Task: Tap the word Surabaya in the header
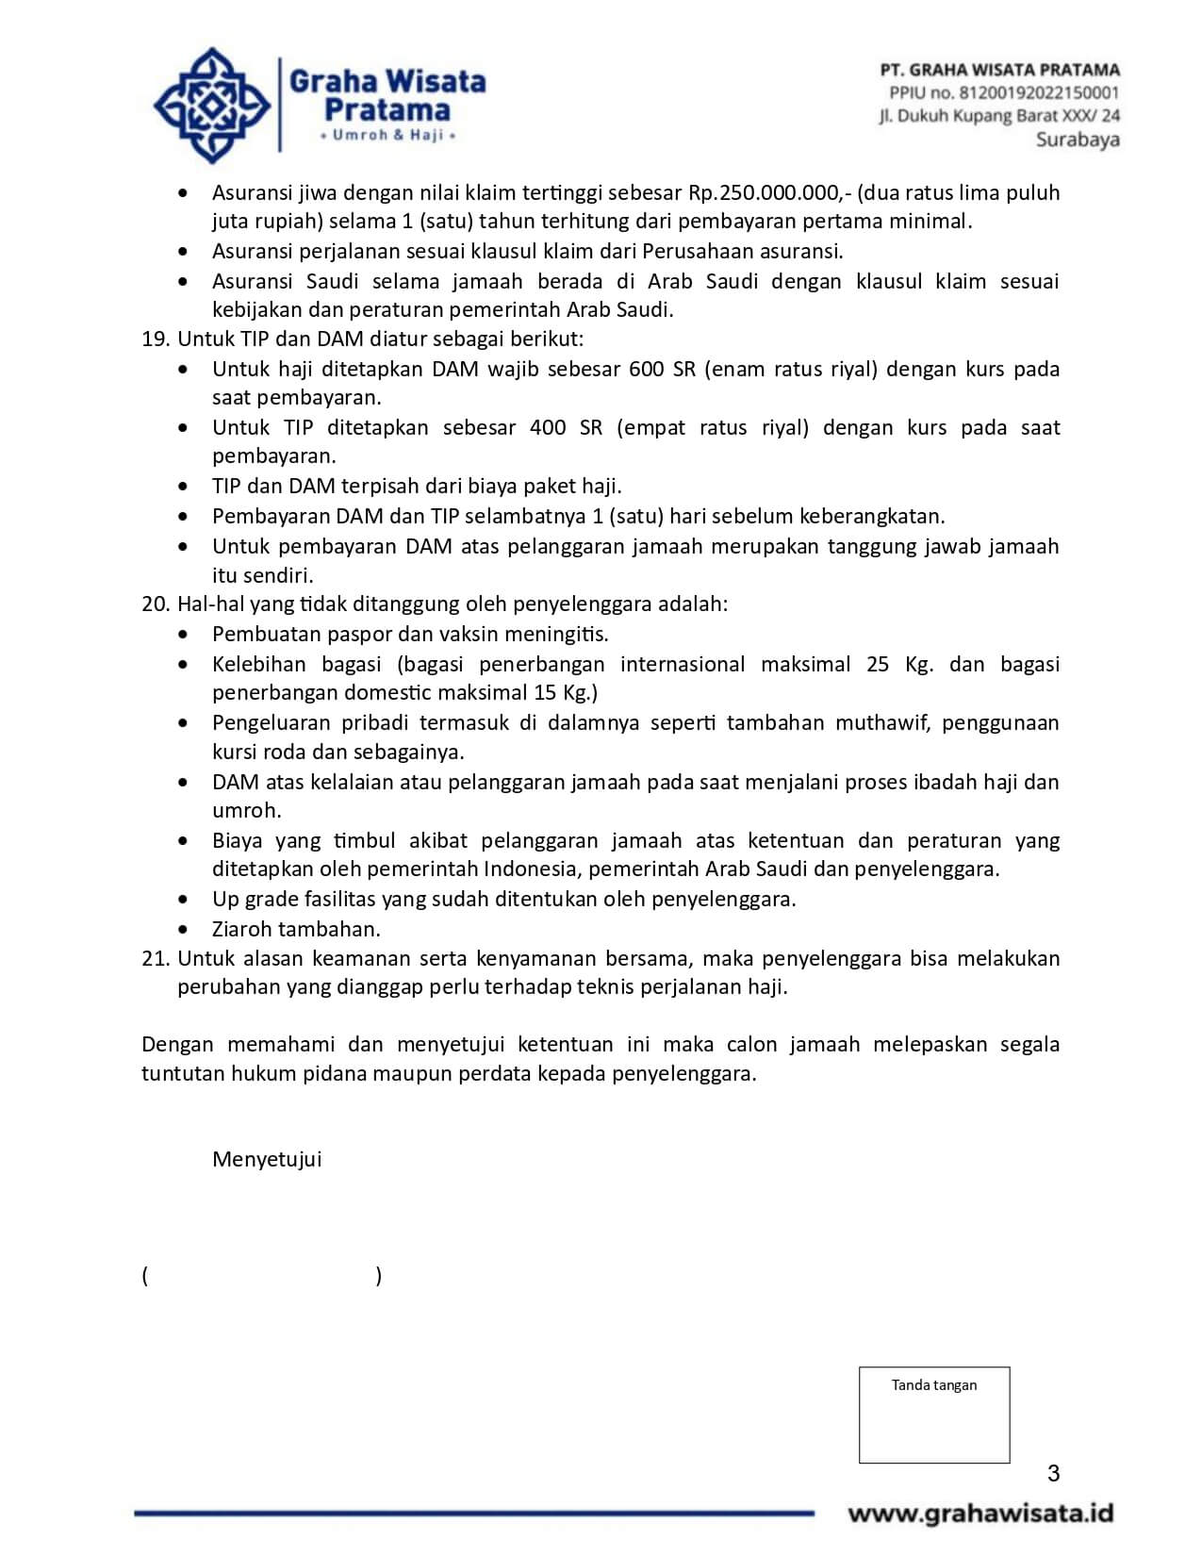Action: tap(1078, 140)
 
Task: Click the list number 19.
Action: tap(155, 339)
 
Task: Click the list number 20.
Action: tap(155, 604)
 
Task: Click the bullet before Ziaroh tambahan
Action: tap(184, 930)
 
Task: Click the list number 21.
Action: tap(155, 958)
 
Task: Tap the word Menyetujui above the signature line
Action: tap(267, 1159)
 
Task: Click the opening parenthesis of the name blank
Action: tap(145, 1276)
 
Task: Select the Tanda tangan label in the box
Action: tap(933, 1385)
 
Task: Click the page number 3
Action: tap(1053, 1473)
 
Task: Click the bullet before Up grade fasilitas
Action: tap(184, 900)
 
